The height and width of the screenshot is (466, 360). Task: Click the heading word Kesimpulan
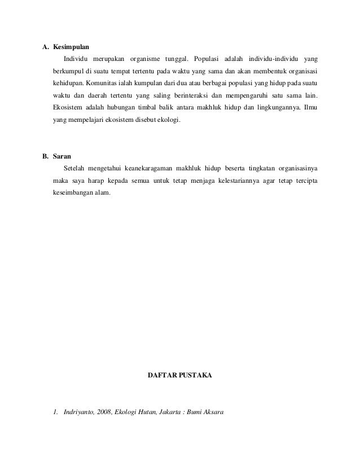pos(71,46)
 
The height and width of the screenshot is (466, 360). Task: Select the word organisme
pos(143,59)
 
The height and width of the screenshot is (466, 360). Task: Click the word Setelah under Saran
pos(76,168)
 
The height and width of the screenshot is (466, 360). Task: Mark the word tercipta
pos(304,181)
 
